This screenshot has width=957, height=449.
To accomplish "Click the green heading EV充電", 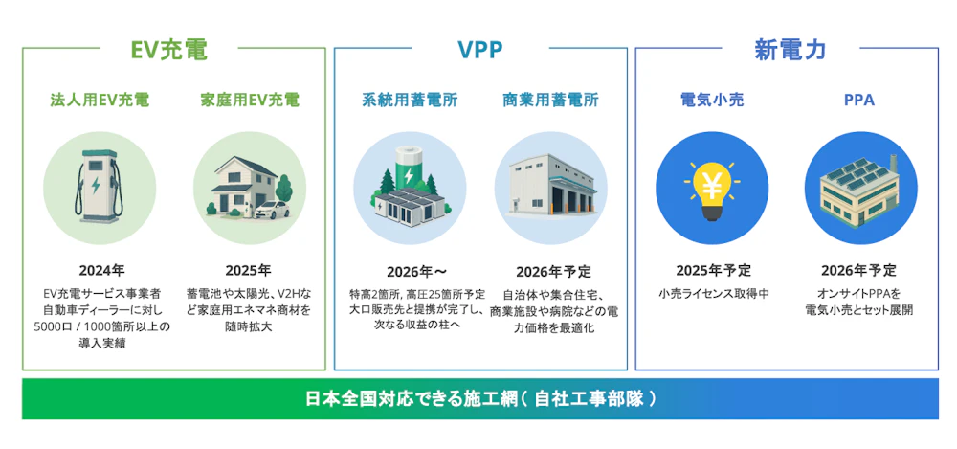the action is pyautogui.click(x=169, y=51).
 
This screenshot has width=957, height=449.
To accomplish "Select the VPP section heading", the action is pyautogui.click(x=480, y=51).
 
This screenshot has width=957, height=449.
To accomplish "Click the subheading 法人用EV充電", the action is pyautogui.click(x=100, y=101).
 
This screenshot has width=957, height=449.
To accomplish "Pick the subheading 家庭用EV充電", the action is pyautogui.click(x=250, y=101).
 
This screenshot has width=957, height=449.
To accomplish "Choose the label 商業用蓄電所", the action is pyautogui.click(x=550, y=101).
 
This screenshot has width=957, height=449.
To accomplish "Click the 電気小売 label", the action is pyautogui.click(x=712, y=101).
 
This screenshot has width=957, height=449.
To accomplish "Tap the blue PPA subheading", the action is pyautogui.click(x=859, y=101).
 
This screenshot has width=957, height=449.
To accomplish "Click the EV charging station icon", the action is pyautogui.click(x=99, y=185).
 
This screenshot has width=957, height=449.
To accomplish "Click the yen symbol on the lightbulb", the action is pyautogui.click(x=712, y=182).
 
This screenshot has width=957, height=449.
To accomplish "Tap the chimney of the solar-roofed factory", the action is pyautogui.click(x=893, y=165).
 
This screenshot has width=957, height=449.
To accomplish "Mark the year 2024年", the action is pyautogui.click(x=99, y=271).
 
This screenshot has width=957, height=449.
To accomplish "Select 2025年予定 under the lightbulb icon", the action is pyautogui.click(x=713, y=271).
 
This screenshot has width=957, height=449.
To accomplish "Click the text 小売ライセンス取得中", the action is pyautogui.click(x=713, y=294).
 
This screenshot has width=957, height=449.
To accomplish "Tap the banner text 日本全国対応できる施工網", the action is pyautogui.click(x=411, y=399).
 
